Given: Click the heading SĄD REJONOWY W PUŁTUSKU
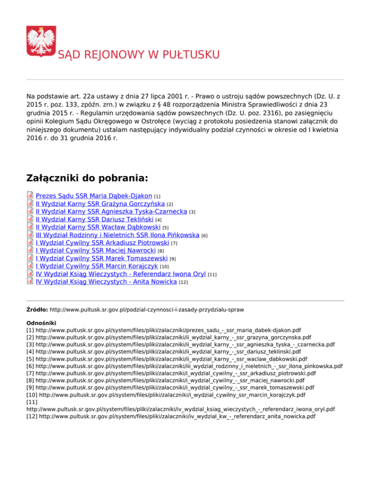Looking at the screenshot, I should pos(139,54).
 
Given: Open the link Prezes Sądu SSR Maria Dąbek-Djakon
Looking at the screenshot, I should pos(94,196).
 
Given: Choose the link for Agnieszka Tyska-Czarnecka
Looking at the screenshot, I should pos(112,211).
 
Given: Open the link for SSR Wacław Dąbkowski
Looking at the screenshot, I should pos(99,227).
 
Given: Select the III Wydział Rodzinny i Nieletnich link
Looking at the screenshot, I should pos(117,235).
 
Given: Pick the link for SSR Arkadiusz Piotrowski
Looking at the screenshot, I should pos(102,242).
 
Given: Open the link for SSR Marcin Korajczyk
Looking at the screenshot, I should pos(97,266).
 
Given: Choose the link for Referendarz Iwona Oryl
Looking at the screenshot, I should pos(120,273).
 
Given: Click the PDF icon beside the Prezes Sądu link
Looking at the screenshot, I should pos(30,196).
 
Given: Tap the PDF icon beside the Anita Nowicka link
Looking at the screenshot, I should pos(30,281).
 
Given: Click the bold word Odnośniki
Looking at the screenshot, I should pos(41,321).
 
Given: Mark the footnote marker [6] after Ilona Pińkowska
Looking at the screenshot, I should pos(204,236).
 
